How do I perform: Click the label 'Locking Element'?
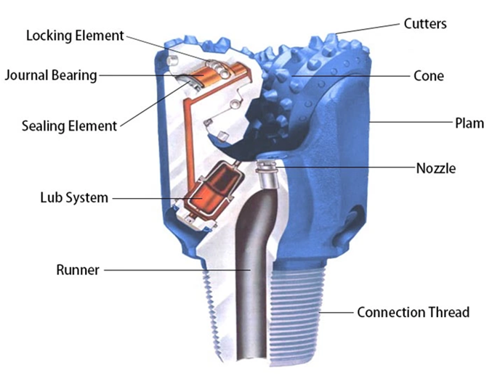75,35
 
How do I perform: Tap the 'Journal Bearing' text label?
51,74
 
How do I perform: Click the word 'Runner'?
77,271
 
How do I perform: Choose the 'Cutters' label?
425,24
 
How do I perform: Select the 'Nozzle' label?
436,168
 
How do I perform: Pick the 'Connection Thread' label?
413,313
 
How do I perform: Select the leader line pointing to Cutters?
370,28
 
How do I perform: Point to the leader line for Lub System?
153,197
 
